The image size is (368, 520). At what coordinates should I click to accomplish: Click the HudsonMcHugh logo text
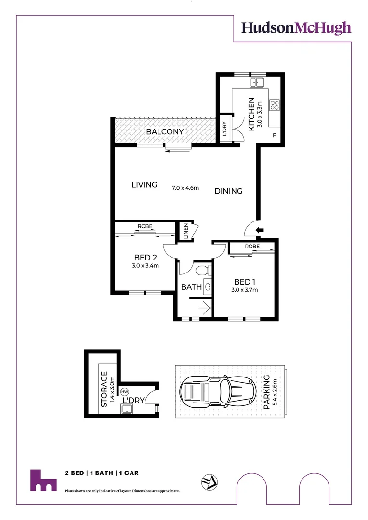point(296,28)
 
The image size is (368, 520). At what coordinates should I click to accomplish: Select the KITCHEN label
point(251,114)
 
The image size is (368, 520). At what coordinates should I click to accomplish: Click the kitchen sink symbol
point(258,82)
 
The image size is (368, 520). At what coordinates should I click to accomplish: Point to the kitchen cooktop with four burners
point(275,105)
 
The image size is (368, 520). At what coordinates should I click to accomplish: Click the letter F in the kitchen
point(274,135)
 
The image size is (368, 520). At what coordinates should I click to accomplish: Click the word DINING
point(228,191)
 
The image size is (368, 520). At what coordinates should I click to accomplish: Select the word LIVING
point(145,184)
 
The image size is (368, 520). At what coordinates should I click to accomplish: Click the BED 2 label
point(146,258)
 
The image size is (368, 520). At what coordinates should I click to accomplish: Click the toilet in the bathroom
point(202,269)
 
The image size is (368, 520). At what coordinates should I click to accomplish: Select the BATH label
point(191,287)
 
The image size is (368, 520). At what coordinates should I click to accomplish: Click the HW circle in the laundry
point(125,393)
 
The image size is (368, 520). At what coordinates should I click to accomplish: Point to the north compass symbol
point(208,481)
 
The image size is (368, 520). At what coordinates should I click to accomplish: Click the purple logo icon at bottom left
point(43,480)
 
